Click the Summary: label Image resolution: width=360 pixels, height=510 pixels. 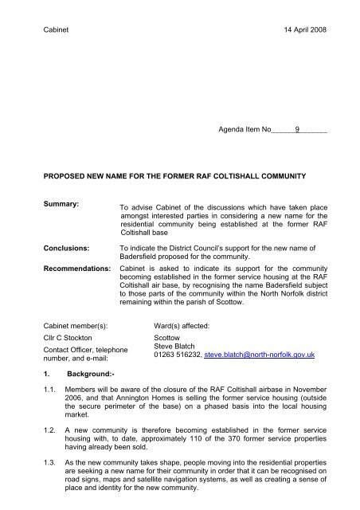point(53,206)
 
